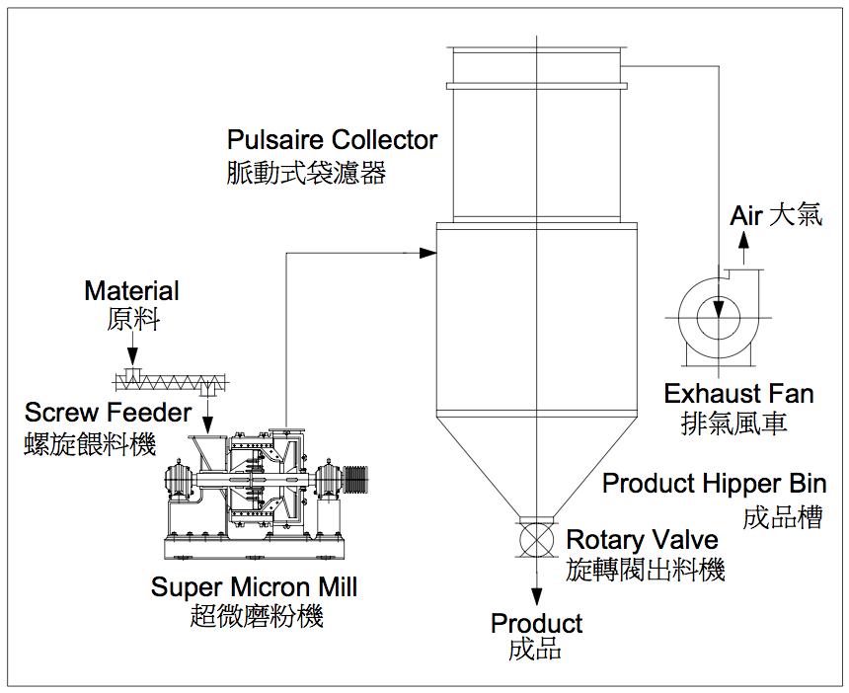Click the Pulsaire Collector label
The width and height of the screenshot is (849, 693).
pos(332,140)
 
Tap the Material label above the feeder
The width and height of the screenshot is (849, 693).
pos(131,291)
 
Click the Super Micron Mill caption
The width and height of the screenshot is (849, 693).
pos(254,587)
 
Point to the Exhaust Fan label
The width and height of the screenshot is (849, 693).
pos(738,394)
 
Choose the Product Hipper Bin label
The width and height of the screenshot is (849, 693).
pos(714,484)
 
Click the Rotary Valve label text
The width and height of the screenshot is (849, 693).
pos(642,541)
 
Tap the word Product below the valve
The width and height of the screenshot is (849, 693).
pos(536,624)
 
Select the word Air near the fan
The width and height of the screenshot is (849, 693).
pos(746,215)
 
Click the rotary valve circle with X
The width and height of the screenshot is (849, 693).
pos(537,541)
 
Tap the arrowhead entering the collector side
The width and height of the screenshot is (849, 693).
pos(426,253)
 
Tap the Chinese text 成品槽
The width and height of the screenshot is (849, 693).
pos(782,516)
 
